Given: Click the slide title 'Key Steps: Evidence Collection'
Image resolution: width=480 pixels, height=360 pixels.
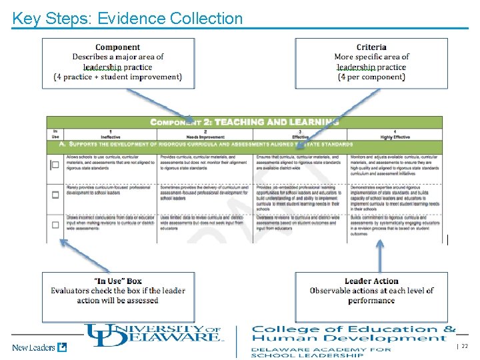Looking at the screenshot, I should [127, 18].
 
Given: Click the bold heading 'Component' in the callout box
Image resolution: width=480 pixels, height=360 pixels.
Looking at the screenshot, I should [117, 47].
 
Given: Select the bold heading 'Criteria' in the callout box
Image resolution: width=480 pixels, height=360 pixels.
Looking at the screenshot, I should [371, 47].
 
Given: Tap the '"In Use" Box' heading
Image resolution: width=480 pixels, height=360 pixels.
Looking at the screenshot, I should [117, 281].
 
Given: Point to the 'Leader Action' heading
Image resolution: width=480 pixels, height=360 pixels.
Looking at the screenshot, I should [371, 281].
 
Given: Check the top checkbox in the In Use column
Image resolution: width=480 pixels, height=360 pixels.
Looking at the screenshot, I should [55, 165].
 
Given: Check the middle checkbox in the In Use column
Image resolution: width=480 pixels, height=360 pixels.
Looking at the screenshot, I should [55, 195].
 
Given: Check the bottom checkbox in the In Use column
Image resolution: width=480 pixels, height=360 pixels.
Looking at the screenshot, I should [55, 225].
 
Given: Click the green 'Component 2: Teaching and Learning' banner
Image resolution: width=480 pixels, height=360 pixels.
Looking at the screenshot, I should [244, 122].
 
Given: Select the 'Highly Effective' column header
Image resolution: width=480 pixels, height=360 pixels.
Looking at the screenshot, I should [395, 136].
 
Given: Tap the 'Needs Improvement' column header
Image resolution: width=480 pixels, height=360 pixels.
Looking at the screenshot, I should [205, 136].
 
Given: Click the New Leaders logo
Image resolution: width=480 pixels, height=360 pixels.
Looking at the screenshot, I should [39, 347].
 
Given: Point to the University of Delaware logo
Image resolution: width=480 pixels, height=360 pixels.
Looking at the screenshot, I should [153, 333].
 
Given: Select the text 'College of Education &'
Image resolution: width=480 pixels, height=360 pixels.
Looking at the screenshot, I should [353, 329].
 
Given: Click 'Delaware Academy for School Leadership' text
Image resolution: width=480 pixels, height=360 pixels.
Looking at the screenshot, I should [321, 352].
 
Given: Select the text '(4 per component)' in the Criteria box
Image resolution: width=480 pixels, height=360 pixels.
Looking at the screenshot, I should [371, 77].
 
